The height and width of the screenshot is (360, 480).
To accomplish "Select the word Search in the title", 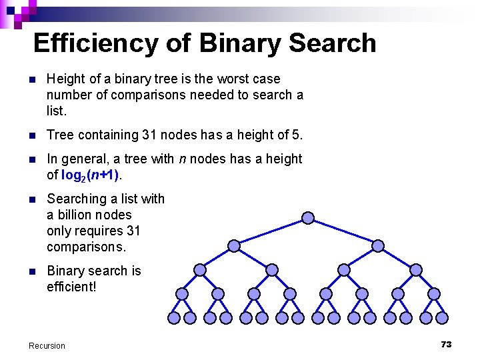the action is [x=333, y=43].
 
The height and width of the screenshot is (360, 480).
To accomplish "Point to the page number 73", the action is [x=446, y=344].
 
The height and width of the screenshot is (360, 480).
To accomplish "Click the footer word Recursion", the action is [x=47, y=345].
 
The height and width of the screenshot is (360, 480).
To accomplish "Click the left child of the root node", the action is [x=234, y=245].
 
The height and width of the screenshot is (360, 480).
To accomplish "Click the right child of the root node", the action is [x=378, y=245].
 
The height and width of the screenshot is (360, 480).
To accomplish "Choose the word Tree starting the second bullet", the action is [x=59, y=135].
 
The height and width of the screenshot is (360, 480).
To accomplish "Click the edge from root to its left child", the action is [x=271, y=231].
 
